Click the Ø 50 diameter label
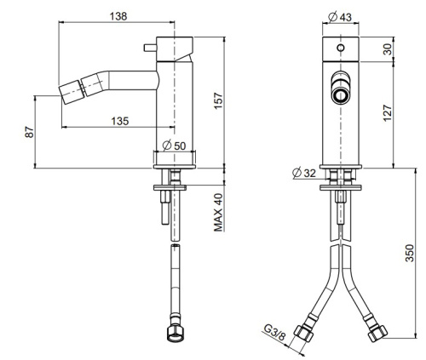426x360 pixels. (x=174, y=146)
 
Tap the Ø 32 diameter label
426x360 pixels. (x=303, y=173)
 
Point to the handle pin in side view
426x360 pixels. (x=155, y=43)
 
